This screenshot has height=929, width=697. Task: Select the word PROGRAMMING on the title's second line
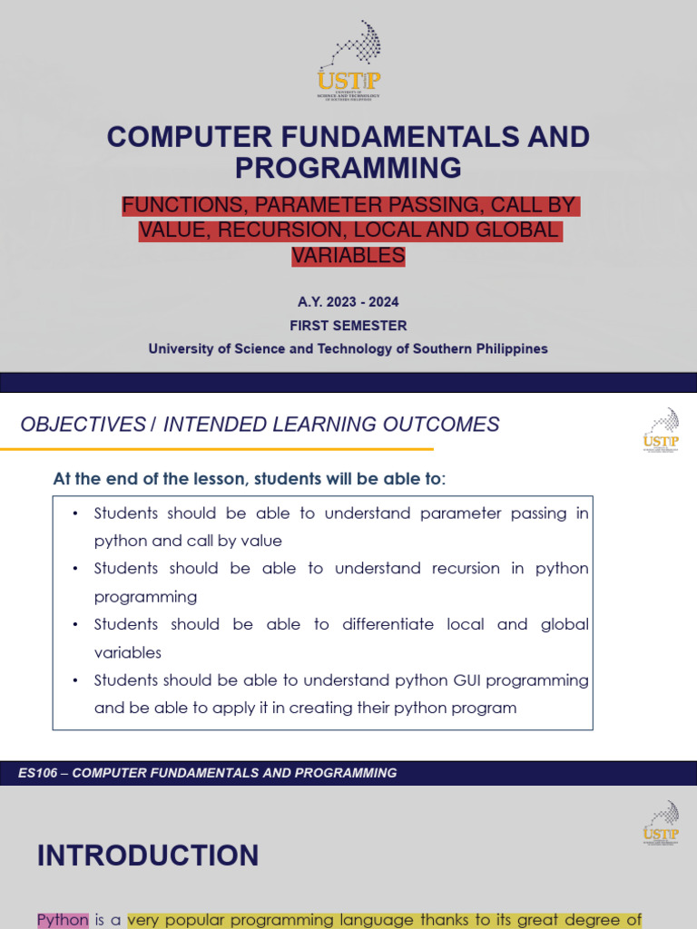pos(348,168)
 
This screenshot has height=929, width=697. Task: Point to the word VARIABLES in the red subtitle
pos(348,256)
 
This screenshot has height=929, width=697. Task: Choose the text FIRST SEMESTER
pos(348,326)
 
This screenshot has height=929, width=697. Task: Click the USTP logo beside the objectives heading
pos(660,429)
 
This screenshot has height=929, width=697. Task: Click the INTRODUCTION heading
pos(148,856)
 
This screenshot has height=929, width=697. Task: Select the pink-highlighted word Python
pos(63,920)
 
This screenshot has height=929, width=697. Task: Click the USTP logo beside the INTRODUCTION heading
pos(660,823)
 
